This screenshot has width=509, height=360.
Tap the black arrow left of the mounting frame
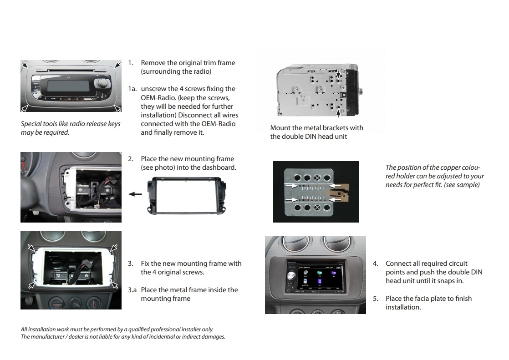coord(135,194)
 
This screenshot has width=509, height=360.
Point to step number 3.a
coord(132,290)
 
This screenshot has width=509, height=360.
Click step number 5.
coord(376,299)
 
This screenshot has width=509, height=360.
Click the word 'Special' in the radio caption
coord(31,124)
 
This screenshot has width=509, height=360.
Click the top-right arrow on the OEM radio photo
coord(117,65)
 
